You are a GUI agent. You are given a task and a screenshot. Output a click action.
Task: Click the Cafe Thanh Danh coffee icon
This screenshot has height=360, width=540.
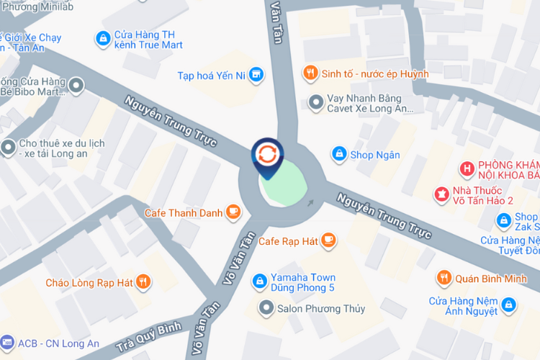[233, 212]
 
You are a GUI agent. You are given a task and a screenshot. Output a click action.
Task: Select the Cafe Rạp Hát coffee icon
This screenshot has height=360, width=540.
[328, 240]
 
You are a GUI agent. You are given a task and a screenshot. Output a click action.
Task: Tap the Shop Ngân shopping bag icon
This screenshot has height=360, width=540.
[338, 153]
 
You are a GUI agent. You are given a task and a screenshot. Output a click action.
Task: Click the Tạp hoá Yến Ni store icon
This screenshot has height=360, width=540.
[257, 75]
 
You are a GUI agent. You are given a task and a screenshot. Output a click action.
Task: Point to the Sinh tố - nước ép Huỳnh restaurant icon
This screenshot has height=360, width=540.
[310, 73]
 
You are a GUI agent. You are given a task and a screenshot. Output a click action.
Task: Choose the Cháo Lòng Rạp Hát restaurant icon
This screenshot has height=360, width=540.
[144, 282]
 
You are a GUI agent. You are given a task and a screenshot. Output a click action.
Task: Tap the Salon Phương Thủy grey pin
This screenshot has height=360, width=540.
[267, 308]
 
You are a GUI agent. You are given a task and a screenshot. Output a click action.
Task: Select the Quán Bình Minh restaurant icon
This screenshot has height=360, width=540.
[444, 278]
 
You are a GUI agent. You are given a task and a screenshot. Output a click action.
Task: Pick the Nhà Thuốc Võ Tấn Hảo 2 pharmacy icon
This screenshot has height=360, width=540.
[440, 193]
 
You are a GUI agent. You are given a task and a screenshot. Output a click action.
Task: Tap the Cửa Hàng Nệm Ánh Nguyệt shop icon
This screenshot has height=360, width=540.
[509, 305]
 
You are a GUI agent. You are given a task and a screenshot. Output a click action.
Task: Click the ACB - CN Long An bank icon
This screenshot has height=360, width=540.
[7, 343]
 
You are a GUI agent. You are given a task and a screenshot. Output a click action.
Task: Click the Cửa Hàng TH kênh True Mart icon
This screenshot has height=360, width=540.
[102, 37]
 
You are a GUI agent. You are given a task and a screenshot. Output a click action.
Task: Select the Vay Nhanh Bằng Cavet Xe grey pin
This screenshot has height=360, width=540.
[315, 102]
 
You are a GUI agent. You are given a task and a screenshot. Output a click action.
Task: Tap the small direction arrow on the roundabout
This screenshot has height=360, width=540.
[310, 202]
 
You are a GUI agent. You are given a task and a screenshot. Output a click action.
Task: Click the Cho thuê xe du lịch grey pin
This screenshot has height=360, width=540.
[9, 148]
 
